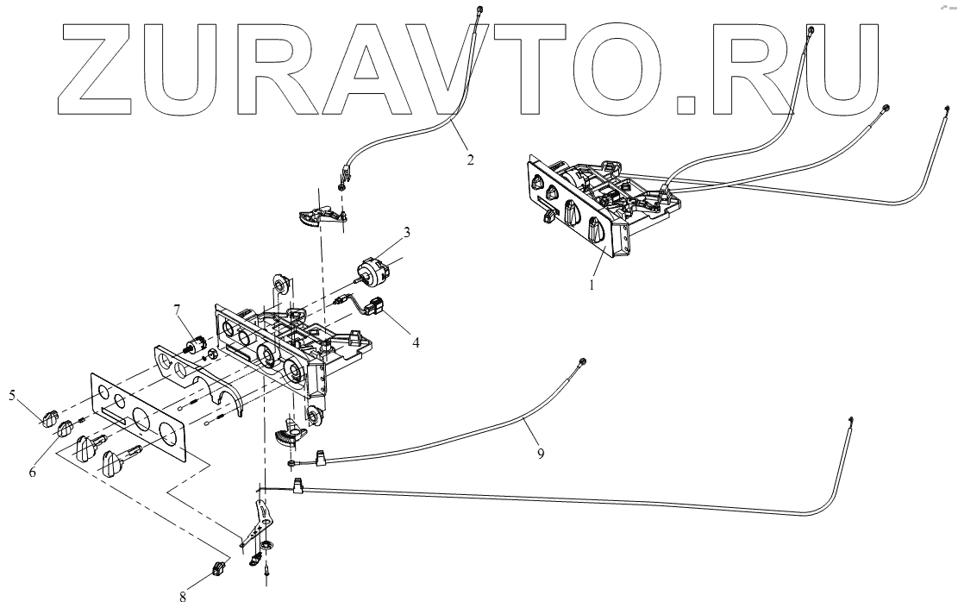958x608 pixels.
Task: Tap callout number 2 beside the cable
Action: pos(469,160)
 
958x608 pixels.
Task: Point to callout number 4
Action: pos(416,342)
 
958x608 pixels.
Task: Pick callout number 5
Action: pos(13,396)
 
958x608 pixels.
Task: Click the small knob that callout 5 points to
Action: pos(47,418)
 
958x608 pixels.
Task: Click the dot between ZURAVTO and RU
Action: pos(686,103)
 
